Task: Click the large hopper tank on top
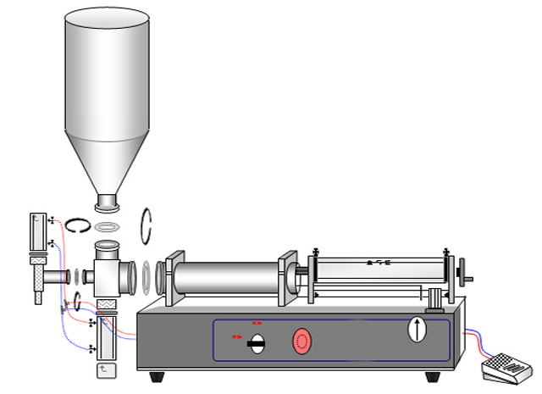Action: pos(107,85)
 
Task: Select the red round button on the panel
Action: pos(302,341)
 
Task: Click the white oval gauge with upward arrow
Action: pos(417,329)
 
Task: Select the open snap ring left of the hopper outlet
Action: pos(80,225)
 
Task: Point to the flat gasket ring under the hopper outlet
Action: pos(108,227)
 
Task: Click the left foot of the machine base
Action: pos(157,376)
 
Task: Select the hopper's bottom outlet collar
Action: pos(107,203)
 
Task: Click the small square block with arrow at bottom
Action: pos(104,369)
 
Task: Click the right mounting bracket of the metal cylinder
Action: pos(287,278)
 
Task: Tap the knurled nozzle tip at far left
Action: pos(38,276)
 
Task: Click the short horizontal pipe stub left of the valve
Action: pos(58,276)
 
